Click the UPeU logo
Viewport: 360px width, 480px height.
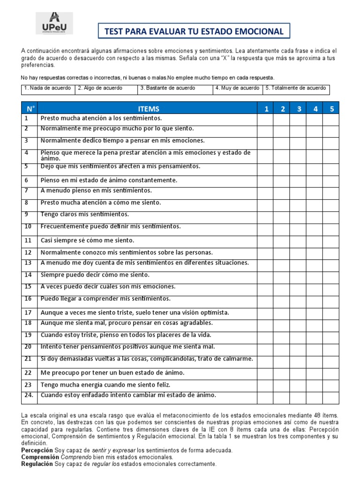click(54, 23)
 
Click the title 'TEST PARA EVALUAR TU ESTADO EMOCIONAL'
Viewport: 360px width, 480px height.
click(194, 31)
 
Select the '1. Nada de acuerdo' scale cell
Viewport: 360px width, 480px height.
click(47, 89)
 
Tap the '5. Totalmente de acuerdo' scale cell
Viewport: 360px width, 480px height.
click(296, 89)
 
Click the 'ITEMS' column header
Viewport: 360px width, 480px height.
click(148, 109)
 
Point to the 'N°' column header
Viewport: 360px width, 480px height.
click(30, 109)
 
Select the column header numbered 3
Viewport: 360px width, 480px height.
click(299, 109)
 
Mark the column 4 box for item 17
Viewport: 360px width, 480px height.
click(315, 313)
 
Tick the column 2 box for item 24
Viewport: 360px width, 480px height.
click(282, 397)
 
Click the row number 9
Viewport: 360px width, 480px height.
click(27, 215)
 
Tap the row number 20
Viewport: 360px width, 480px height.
click(28, 347)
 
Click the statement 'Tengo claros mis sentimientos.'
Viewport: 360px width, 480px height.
click(85, 215)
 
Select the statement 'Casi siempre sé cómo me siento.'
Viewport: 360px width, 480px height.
click(88, 240)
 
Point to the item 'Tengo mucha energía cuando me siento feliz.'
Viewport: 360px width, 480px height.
click(105, 384)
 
